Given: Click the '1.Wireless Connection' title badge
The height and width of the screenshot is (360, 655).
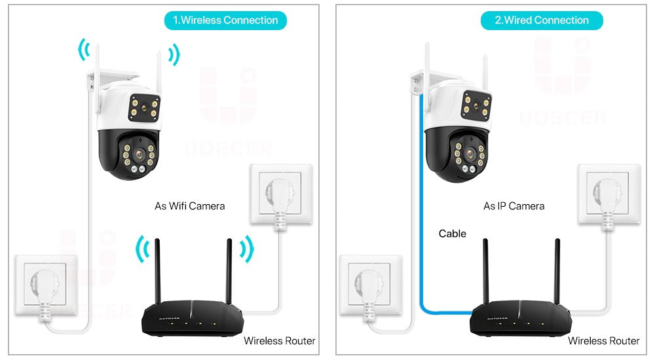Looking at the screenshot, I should point(225,20).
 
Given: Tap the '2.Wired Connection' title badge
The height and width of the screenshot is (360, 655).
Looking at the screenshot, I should point(542,20).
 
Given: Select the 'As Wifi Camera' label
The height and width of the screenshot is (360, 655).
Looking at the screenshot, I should point(189,206).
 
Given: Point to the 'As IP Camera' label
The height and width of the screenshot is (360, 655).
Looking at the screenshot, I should point(514,206).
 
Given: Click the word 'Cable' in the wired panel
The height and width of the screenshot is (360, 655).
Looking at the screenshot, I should point(453,234).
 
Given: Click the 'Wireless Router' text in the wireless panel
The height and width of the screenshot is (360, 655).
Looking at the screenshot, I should point(279,340).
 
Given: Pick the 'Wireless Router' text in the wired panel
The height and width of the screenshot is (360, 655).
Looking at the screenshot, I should point(603,340).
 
